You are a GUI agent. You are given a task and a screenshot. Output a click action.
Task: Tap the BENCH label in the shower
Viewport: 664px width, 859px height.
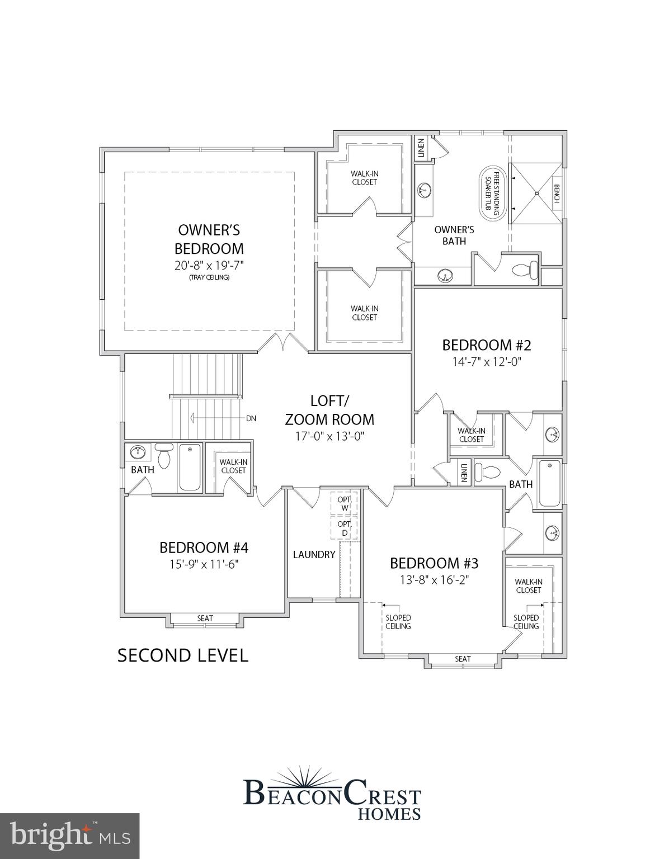(557, 193)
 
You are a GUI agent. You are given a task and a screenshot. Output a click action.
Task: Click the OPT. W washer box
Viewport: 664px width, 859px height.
(345, 503)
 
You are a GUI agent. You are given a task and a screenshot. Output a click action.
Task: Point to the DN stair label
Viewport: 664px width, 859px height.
(251, 418)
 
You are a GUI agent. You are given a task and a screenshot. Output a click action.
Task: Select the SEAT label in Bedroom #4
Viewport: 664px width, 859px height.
(205, 618)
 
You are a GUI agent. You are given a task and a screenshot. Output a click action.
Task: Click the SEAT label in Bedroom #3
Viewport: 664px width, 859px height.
(463, 659)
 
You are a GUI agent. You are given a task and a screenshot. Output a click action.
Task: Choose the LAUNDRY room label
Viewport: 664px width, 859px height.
(314, 554)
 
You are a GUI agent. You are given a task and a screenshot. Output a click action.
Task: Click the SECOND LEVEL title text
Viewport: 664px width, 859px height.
(182, 655)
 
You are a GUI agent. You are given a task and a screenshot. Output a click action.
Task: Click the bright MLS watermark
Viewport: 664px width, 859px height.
(69, 836)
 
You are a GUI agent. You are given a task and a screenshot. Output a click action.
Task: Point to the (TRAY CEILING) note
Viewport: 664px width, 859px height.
(209, 277)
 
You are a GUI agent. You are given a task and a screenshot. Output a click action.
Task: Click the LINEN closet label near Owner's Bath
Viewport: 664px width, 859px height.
(421, 148)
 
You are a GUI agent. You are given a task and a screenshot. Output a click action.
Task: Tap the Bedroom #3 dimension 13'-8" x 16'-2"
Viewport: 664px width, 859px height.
(434, 580)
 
